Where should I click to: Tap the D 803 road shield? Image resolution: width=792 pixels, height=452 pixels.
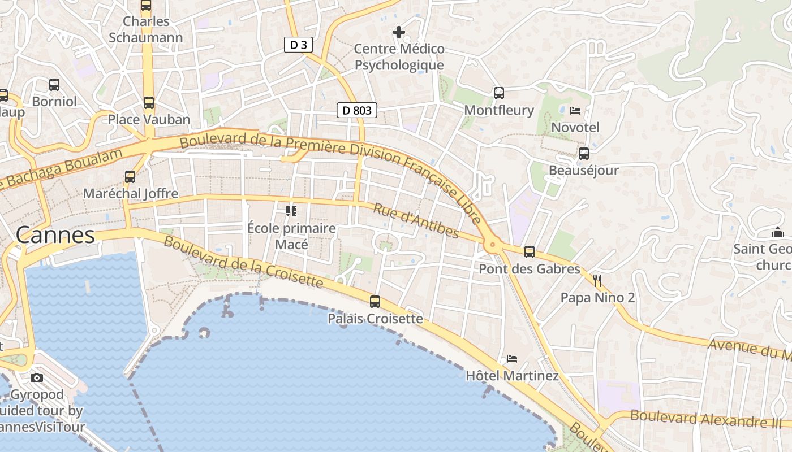pyautogui.click(x=357, y=110)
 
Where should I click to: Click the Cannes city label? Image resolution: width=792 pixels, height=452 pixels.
pyautogui.click(x=55, y=235)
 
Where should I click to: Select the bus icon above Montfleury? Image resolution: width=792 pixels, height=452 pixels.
pyautogui.click(x=498, y=93)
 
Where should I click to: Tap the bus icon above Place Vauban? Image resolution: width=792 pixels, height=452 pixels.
pyautogui.click(x=149, y=103)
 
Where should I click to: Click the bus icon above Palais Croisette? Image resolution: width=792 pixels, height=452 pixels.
pyautogui.click(x=375, y=302)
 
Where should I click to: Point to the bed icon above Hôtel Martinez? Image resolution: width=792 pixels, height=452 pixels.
pyautogui.click(x=512, y=359)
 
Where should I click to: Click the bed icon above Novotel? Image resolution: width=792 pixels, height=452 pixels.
pyautogui.click(x=575, y=110)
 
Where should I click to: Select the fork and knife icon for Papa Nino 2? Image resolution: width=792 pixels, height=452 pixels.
pyautogui.click(x=597, y=280)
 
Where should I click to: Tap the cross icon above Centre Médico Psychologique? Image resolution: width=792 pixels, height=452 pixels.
pyautogui.click(x=399, y=32)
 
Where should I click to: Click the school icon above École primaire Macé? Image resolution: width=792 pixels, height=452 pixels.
pyautogui.click(x=291, y=211)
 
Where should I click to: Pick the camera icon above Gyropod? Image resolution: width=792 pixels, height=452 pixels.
pyautogui.click(x=37, y=377)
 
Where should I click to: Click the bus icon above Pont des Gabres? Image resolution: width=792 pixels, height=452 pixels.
pyautogui.click(x=530, y=252)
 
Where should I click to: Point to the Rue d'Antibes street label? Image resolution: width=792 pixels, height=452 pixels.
pyautogui.click(x=416, y=221)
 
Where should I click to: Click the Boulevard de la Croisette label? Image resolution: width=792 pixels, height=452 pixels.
pyautogui.click(x=243, y=262)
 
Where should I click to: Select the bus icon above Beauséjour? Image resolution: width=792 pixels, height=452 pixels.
pyautogui.click(x=584, y=154)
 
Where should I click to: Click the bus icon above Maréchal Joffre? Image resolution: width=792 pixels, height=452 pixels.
pyautogui.click(x=130, y=177)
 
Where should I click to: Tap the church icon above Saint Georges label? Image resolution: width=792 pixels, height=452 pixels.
pyautogui.click(x=778, y=232)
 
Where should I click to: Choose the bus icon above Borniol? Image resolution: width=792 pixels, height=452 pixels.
pyautogui.click(x=54, y=85)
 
